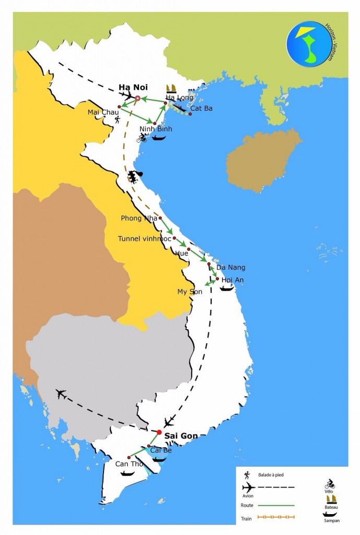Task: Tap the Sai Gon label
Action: click(x=180, y=435)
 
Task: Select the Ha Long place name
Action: click(x=179, y=97)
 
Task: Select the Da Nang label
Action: click(x=230, y=267)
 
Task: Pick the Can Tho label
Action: click(x=128, y=464)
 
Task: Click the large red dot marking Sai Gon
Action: click(x=159, y=432)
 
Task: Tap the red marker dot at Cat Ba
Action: click(x=190, y=114)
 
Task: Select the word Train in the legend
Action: click(x=247, y=519)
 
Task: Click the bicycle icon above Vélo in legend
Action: click(x=330, y=483)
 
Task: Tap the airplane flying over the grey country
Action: click(x=62, y=393)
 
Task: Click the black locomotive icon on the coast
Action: click(x=135, y=177)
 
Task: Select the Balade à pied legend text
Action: click(x=271, y=475)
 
